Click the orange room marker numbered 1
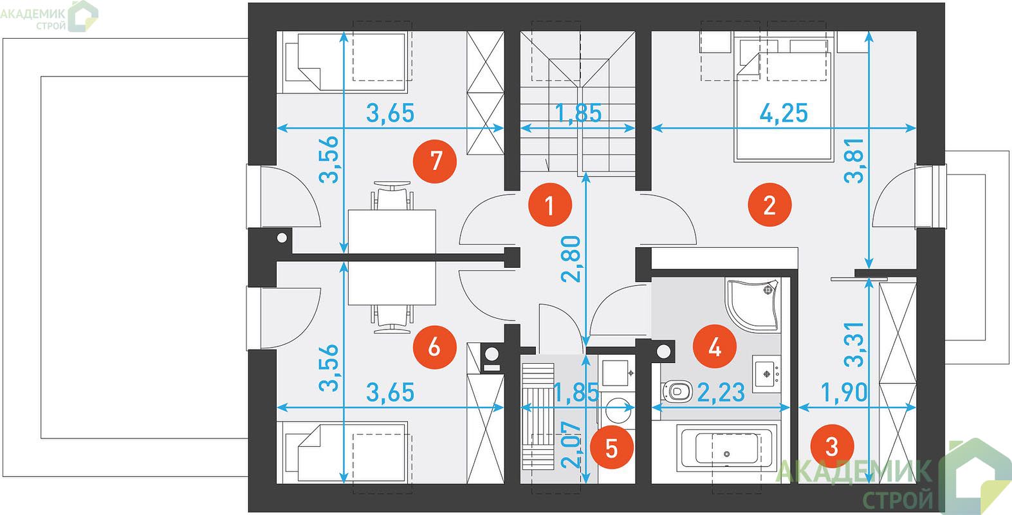click(550, 205)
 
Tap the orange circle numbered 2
click(769, 205)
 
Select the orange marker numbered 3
click(832, 447)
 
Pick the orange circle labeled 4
click(715, 347)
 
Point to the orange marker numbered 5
click(611, 448)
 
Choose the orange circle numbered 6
click(435, 347)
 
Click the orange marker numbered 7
click(435, 162)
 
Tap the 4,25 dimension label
click(784, 113)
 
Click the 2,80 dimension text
click(571, 259)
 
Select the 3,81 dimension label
click(854, 160)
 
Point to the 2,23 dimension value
click(721, 392)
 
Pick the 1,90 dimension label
click(844, 392)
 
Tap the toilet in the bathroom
click(676, 391)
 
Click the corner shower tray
click(752, 304)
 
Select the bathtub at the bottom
click(726, 447)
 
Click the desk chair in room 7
click(392, 195)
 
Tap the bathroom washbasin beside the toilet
click(766, 373)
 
